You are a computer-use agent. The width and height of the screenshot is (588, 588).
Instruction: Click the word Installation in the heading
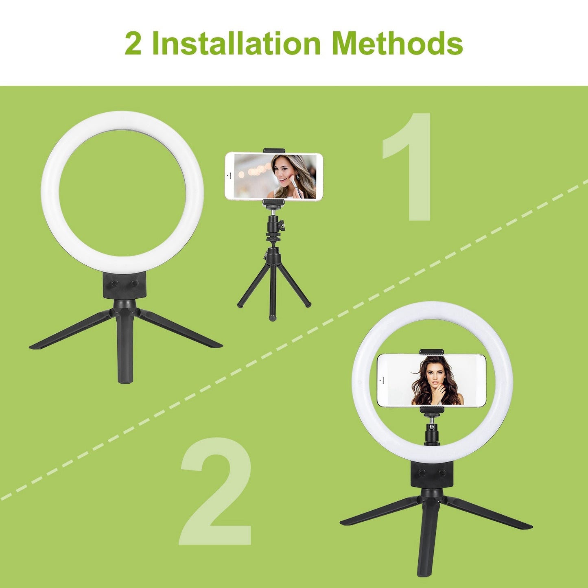coord(236,43)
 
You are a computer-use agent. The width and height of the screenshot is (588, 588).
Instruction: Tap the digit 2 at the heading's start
coord(133,44)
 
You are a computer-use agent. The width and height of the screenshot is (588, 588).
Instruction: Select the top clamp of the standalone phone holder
coord(274,151)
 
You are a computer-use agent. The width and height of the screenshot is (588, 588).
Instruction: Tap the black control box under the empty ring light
coord(125,285)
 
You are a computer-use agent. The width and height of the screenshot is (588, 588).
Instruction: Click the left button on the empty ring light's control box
coord(114,284)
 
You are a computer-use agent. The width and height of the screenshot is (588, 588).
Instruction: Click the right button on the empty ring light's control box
coord(135,283)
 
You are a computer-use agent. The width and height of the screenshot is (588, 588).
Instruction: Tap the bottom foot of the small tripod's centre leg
coord(271,319)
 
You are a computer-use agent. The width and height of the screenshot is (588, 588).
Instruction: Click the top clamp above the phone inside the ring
coord(431,352)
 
